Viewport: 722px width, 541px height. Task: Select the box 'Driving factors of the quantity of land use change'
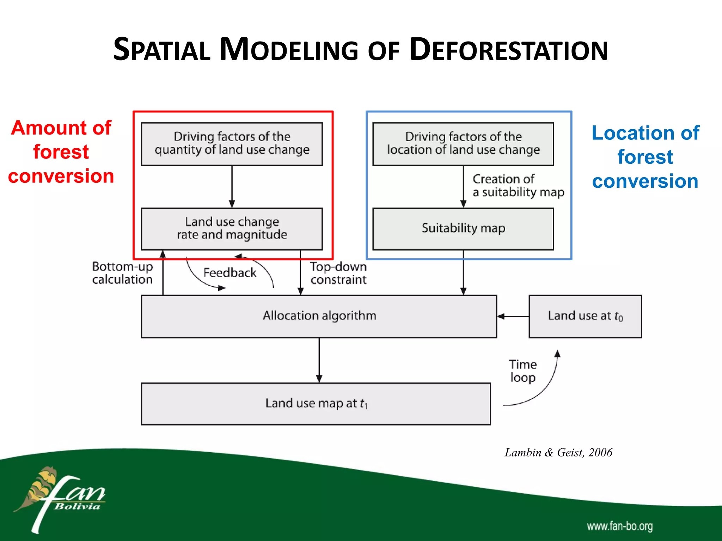click(x=232, y=144)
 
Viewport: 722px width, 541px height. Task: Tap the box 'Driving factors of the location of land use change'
click(x=463, y=144)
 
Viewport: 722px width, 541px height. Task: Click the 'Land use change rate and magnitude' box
click(x=232, y=229)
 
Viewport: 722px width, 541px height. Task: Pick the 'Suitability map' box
click(x=463, y=229)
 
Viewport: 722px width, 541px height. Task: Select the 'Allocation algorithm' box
click(x=319, y=316)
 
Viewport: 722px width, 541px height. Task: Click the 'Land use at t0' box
click(x=585, y=316)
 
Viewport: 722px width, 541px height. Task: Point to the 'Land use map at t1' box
click(x=316, y=404)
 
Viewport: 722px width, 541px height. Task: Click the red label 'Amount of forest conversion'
click(x=61, y=152)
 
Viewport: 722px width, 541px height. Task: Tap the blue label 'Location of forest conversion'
click(x=645, y=157)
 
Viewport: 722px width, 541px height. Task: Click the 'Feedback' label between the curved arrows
click(x=230, y=273)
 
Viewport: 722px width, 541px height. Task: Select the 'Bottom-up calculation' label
click(x=122, y=273)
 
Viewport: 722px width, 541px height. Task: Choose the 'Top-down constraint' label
click(x=338, y=273)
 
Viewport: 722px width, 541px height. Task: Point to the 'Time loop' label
click(x=523, y=371)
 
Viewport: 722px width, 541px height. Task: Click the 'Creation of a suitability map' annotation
click(x=518, y=186)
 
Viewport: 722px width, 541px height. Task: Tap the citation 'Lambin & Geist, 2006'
click(x=558, y=453)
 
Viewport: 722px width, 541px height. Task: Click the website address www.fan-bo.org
click(x=619, y=526)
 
